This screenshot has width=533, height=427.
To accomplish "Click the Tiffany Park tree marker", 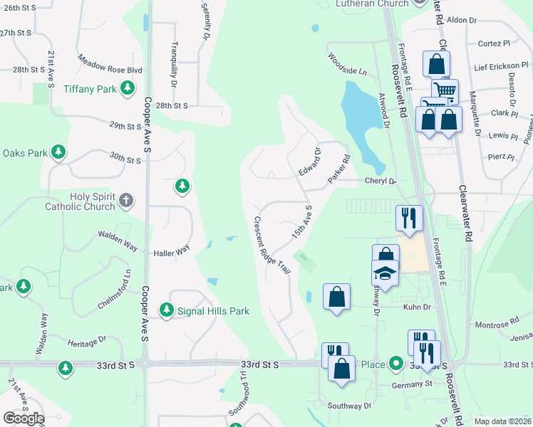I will pos(128,88).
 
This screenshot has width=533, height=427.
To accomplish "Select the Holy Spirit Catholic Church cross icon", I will pos(125,201).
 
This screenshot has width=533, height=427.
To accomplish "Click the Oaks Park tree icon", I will pos(58,152).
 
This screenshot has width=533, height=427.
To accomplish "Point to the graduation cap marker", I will pos(385,274).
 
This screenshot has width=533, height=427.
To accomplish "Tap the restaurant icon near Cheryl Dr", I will pos(409,217).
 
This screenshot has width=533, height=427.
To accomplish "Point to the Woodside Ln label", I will pos(347,64).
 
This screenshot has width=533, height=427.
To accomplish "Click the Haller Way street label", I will pos(172,251).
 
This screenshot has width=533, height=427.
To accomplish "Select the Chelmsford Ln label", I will pos(115,290).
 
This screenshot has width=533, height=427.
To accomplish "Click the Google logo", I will pos(24,418).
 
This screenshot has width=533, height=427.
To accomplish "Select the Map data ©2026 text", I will pos(502,421).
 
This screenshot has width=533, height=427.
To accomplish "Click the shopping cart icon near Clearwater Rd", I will pos(445,90).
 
